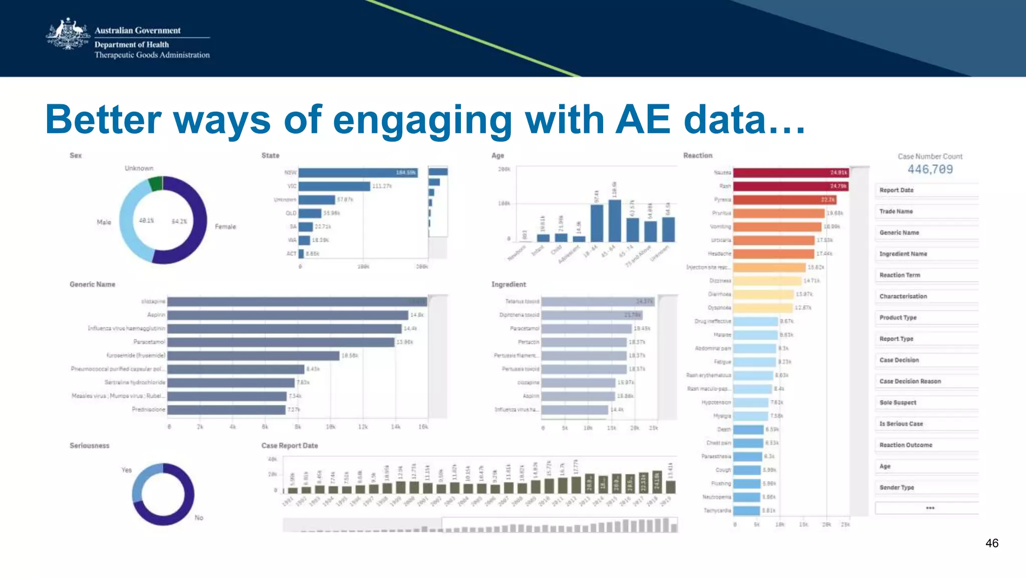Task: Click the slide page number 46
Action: (991, 543)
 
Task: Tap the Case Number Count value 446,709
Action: (930, 169)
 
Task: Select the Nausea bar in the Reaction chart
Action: (791, 172)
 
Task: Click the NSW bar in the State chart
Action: (358, 172)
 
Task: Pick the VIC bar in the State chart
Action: (334, 186)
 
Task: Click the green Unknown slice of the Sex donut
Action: (156, 183)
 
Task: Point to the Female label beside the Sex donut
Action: (225, 227)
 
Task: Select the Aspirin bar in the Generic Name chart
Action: (288, 315)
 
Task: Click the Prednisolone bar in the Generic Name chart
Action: (226, 410)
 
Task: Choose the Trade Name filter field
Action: (926, 212)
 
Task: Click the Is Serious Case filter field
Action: (926, 424)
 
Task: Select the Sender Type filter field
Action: (926, 487)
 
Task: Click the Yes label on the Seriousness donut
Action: (127, 470)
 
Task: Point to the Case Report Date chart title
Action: (290, 446)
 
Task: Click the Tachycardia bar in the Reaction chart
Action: (746, 510)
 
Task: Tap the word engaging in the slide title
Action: (423, 120)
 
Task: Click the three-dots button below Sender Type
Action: (930, 508)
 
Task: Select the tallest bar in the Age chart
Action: (615, 221)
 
